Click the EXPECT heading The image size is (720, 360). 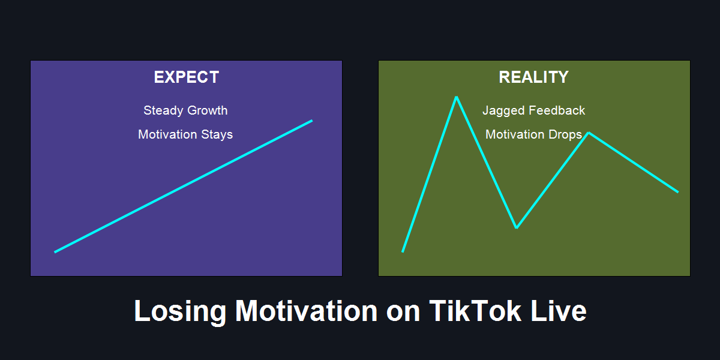click(x=187, y=77)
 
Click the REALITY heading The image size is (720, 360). click(x=533, y=77)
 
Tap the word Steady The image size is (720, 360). click(x=163, y=110)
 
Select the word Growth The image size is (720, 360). click(x=208, y=110)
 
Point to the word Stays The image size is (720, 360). click(x=217, y=134)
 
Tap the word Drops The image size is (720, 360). click(x=565, y=134)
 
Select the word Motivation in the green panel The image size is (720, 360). click(x=515, y=134)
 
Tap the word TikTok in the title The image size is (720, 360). click(x=475, y=311)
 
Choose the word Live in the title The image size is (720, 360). click(x=559, y=311)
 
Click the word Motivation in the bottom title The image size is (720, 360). click(x=307, y=311)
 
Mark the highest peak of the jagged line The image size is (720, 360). click(x=457, y=97)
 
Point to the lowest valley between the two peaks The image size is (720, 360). click(x=516, y=227)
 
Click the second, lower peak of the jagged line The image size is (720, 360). click(x=589, y=133)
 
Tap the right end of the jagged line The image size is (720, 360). click(x=678, y=192)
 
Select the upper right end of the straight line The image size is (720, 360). click(x=312, y=121)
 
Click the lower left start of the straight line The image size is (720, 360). click(x=55, y=252)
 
